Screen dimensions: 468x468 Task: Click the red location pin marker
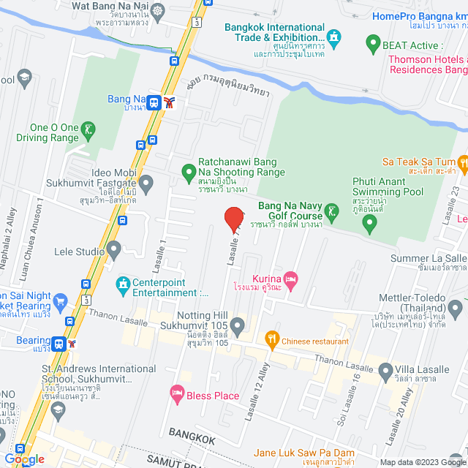(x=233, y=219)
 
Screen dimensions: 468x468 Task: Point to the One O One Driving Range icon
(x=88, y=131)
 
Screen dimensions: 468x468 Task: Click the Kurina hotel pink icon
(x=291, y=279)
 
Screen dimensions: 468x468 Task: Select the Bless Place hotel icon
(x=176, y=394)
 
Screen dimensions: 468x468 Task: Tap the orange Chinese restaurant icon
(x=273, y=338)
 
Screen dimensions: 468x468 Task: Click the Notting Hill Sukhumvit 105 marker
(x=237, y=324)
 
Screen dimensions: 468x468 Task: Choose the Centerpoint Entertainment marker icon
(x=123, y=284)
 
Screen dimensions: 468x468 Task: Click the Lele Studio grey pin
(x=113, y=251)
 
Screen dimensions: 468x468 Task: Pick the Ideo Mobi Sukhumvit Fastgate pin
(x=146, y=181)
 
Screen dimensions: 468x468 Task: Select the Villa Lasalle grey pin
(x=385, y=371)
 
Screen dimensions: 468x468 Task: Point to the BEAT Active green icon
(x=373, y=44)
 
